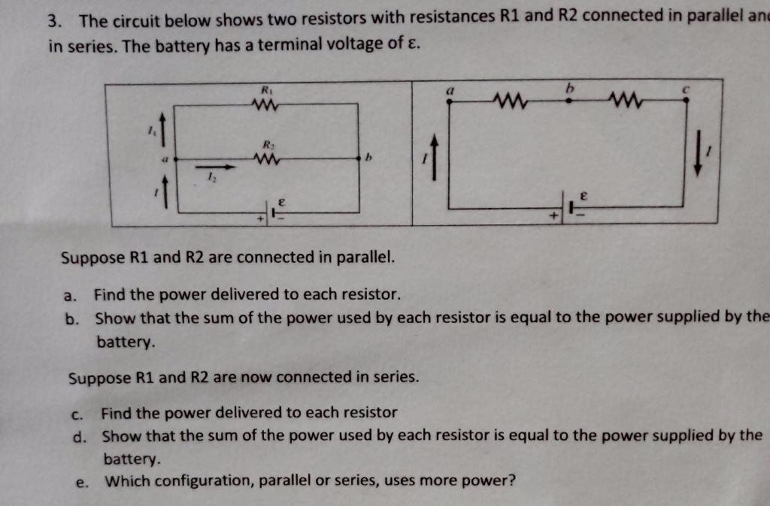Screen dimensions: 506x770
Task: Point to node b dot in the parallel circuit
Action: tap(359, 158)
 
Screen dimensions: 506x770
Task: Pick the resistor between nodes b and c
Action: tap(626, 100)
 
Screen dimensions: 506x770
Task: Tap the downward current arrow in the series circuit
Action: tap(700, 155)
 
